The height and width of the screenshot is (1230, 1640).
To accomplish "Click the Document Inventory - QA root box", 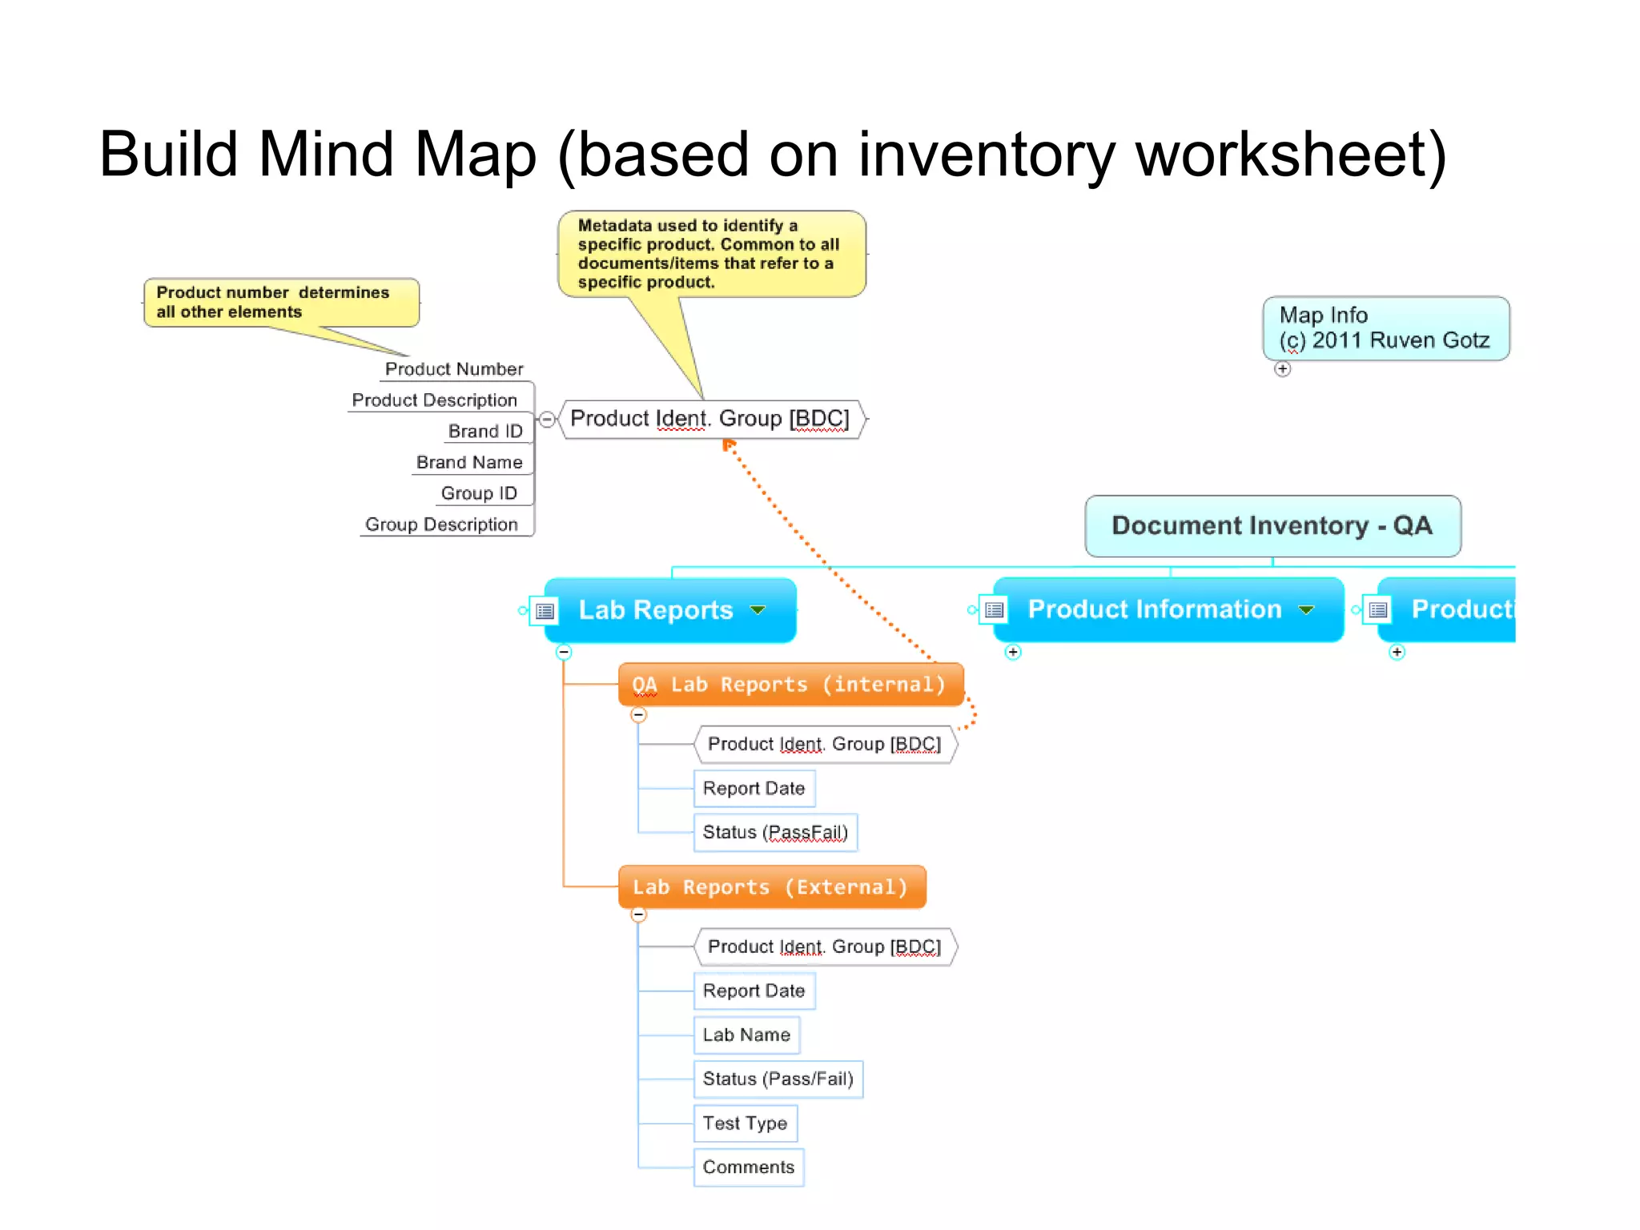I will click(x=1272, y=526).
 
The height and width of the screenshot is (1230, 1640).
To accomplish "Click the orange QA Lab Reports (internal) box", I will click(x=790, y=685).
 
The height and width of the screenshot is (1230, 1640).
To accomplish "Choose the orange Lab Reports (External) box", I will click(x=771, y=887).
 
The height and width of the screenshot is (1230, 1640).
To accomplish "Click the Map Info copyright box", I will click(x=1385, y=328).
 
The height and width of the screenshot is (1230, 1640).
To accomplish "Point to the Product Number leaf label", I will click(x=453, y=369).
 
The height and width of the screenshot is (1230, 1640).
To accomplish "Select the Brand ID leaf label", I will click(x=484, y=432).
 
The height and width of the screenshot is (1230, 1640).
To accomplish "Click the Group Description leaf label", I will click(x=441, y=525).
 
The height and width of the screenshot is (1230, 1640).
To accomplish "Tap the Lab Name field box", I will click(x=746, y=1035).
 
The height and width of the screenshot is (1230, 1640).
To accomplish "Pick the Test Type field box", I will click(x=745, y=1123).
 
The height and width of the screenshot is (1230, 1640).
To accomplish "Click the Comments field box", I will click(x=748, y=1167).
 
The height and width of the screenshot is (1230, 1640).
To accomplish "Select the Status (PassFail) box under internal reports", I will click(x=774, y=832).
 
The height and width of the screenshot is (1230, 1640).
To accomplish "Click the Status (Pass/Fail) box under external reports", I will click(x=778, y=1079).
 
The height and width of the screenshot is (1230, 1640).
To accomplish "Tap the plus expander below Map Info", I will click(x=1283, y=369).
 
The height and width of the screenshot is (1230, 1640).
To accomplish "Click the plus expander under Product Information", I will click(x=1013, y=652).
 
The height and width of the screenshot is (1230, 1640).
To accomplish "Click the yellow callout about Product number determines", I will click(x=280, y=303).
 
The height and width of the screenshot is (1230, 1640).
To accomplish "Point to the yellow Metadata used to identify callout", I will click(x=711, y=254).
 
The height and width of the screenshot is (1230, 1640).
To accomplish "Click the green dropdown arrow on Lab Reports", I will click(x=758, y=610).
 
